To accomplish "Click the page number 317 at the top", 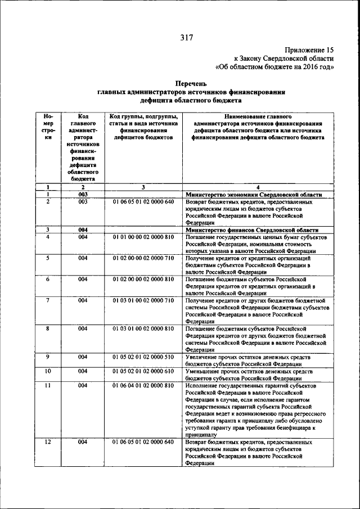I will [x=186, y=38].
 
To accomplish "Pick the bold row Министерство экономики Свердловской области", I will [x=254, y=194].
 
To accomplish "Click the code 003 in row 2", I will [x=82, y=201].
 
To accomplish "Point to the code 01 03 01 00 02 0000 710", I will [x=143, y=300].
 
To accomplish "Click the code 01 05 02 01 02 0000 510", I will [x=143, y=357].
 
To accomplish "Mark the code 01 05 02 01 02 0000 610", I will [x=143, y=371].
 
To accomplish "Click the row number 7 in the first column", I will [x=48, y=300].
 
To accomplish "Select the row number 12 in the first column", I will [x=48, y=443].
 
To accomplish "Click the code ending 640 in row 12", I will [x=143, y=443].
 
